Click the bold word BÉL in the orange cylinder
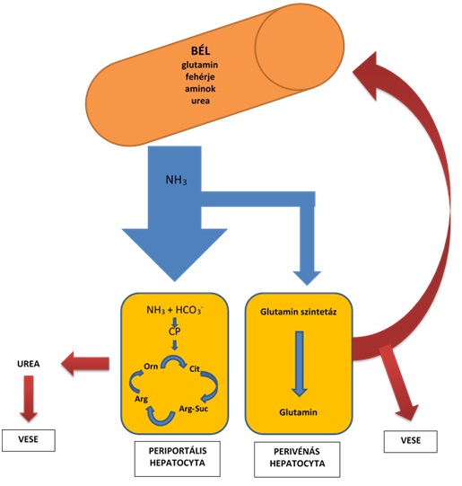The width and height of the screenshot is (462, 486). pos(201,50)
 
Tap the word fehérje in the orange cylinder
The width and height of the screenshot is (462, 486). pos(200,76)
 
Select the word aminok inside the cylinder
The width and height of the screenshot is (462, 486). pos(200,89)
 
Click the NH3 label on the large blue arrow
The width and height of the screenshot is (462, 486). pos(176,180)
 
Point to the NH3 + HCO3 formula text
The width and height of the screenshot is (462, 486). pos(175,310)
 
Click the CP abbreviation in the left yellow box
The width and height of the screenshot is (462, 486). pos(175,331)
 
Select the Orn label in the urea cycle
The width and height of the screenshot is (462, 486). pos(151,367)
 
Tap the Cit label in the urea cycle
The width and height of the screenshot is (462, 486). pos(195,369)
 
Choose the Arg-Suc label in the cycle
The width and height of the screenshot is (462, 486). pos(194,409)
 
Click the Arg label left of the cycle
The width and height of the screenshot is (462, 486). pos(141,399)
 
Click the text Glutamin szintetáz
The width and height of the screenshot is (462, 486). pos(298,312)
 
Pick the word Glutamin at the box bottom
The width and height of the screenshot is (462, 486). pos(298,412)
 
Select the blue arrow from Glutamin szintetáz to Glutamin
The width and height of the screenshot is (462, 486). pos(300,364)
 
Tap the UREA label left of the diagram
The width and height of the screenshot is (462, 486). pos(29,364)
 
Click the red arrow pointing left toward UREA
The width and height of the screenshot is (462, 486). pos(85,364)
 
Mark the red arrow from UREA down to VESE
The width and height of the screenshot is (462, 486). pos(29,399)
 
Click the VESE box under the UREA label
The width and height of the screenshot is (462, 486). pos(29,440)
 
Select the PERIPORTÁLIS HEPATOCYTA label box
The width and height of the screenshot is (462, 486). pos(178,459)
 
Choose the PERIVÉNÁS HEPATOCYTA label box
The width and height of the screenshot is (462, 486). pos(297,459)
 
